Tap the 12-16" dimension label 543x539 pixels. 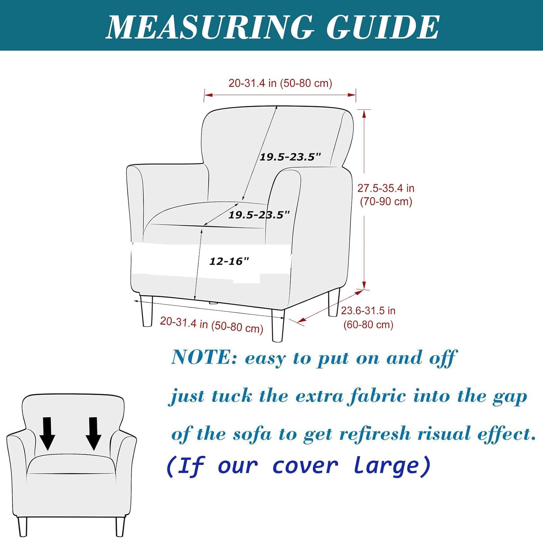pos(230,261)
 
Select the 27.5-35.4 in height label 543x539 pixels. pos(386,188)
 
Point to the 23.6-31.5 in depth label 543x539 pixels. pos(368,311)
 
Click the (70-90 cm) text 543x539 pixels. pos(386,201)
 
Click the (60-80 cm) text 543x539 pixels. pos(368,324)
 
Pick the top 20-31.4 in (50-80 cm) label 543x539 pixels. pos(280,83)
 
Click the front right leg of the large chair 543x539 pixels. pos(278,325)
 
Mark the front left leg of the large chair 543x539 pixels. pos(147,311)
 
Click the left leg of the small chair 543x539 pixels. pos(23,527)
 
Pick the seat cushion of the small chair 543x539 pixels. pos(72,464)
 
